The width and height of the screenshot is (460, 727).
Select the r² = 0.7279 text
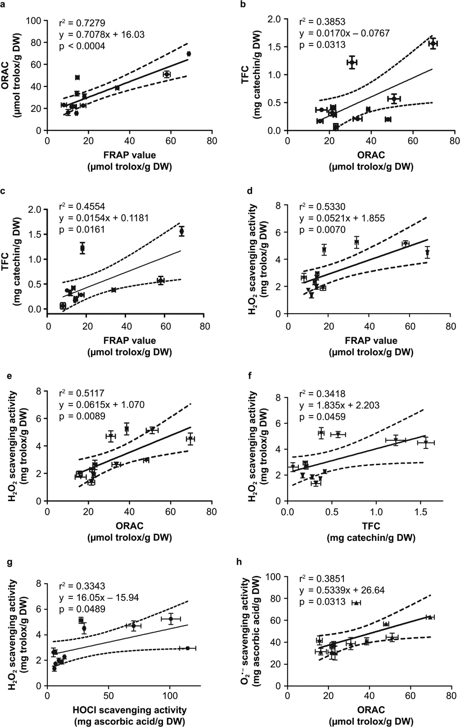pos(82,23)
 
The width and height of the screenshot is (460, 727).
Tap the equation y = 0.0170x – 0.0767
pos(344,33)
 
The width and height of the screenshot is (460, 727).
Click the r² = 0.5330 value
pos(322,207)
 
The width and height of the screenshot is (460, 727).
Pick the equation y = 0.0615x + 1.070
pos(102,405)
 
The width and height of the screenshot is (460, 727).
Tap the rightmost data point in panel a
pos(189,54)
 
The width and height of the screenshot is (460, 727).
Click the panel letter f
pos(250,376)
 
